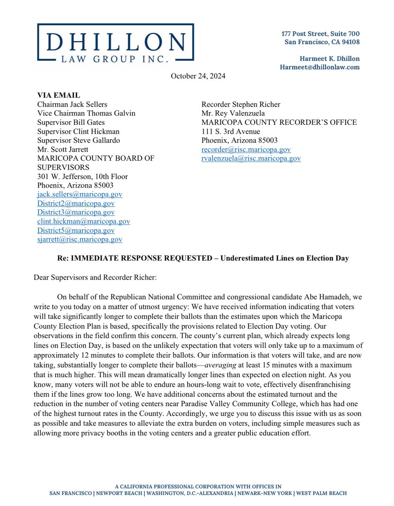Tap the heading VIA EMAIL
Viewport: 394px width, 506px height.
[58, 96]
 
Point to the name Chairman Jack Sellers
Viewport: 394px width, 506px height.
[72, 105]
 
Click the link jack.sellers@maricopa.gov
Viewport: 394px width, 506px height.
[80, 194]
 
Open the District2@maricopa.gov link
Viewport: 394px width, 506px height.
[76, 203]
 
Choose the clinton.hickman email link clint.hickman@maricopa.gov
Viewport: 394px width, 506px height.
[84, 221]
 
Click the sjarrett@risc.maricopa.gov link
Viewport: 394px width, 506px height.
[80, 240]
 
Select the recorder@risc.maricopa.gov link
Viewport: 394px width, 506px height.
[246, 150]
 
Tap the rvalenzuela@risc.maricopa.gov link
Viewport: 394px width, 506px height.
[251, 159]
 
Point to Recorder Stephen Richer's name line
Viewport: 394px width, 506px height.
[241, 105]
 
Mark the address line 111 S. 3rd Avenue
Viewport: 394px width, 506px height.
[231, 132]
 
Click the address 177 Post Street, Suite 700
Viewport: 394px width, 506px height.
[321, 33]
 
